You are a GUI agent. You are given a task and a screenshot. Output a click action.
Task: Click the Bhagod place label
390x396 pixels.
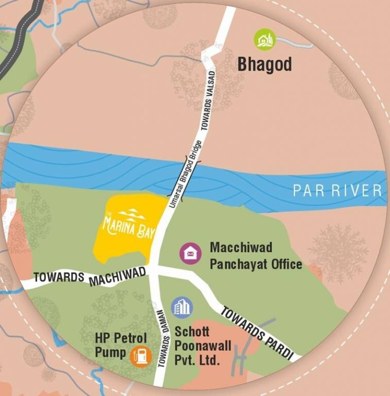(x=264, y=64)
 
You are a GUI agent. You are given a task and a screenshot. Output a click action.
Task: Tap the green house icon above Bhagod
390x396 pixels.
(x=265, y=40)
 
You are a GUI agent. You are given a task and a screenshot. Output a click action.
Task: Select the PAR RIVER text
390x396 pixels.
(x=337, y=191)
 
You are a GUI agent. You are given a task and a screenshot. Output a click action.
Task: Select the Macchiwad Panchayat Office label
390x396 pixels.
(x=248, y=256)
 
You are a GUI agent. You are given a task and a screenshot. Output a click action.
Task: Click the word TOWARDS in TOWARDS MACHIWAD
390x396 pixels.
(x=59, y=277)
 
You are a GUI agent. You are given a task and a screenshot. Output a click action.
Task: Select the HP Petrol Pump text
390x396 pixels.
(x=121, y=345)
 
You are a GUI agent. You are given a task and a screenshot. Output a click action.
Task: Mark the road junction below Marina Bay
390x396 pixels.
(x=152, y=271)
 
